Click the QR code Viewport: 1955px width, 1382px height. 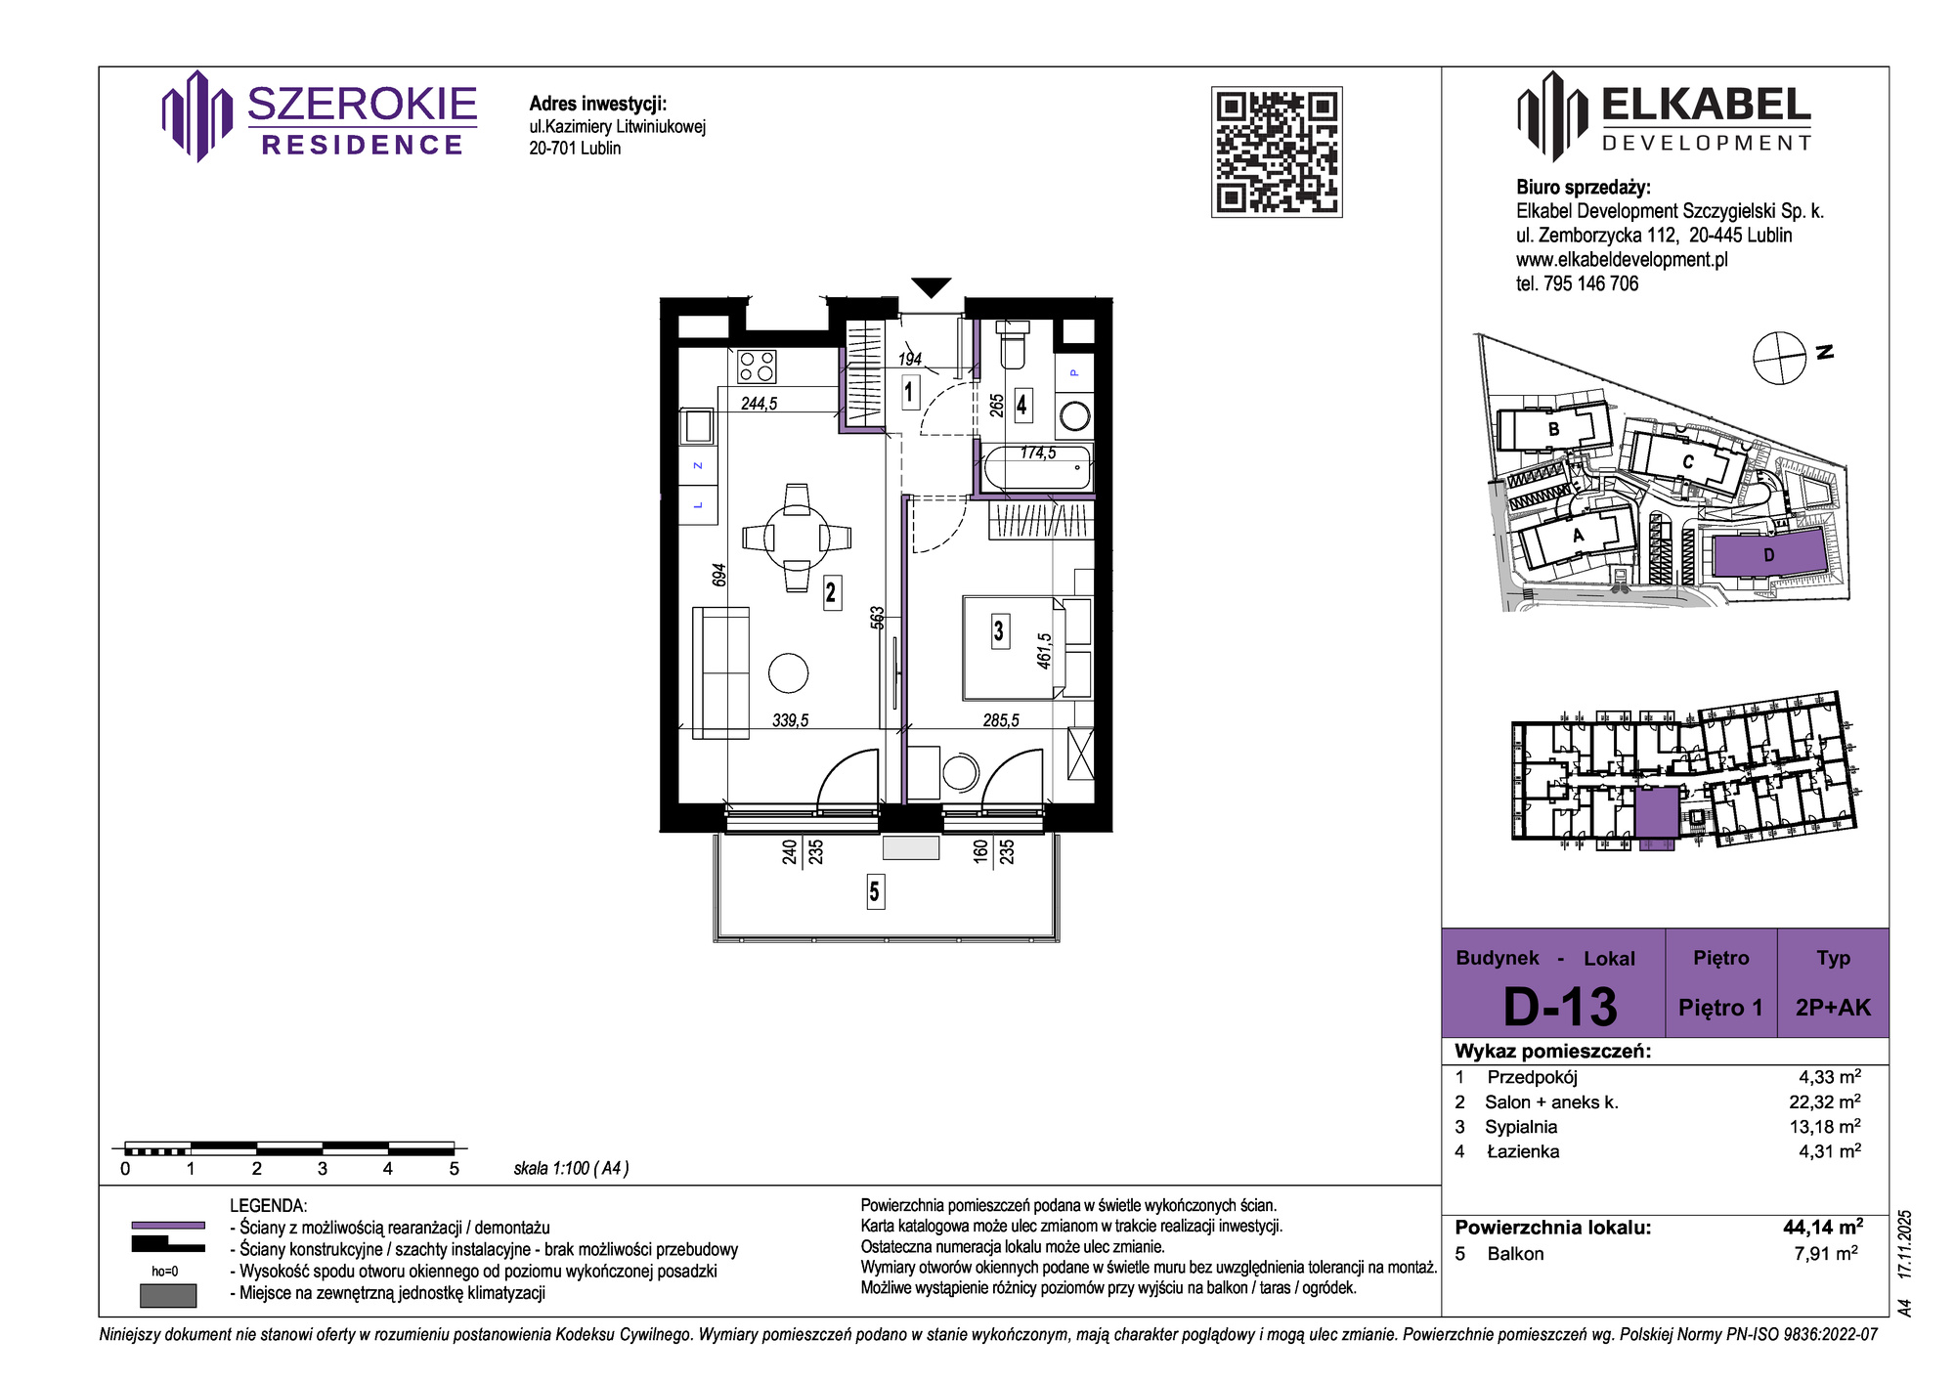click(x=1277, y=151)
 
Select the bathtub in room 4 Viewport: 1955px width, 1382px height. click(x=1037, y=468)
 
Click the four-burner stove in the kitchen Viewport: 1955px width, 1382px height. click(x=758, y=367)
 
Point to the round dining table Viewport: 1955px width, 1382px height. click(x=797, y=538)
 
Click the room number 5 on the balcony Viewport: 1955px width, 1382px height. click(x=875, y=891)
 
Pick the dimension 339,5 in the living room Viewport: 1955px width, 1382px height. click(x=791, y=720)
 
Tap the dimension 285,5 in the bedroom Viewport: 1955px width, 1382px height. click(x=1001, y=720)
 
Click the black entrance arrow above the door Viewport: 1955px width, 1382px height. click(x=932, y=287)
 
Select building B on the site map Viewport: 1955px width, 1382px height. click(x=1553, y=429)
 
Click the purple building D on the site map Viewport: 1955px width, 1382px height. click(x=1768, y=555)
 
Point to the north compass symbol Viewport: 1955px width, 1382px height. click(x=1779, y=358)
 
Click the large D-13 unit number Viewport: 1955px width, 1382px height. click(x=1560, y=1006)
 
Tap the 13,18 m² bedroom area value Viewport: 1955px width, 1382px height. click(x=1825, y=1126)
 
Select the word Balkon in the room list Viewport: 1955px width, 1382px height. click(x=1515, y=1254)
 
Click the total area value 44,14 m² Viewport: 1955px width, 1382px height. click(x=1823, y=1228)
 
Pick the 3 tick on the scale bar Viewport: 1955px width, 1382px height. click(x=323, y=1168)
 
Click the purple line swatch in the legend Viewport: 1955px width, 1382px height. click(x=168, y=1225)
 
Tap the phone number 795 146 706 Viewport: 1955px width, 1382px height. click(x=1590, y=283)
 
